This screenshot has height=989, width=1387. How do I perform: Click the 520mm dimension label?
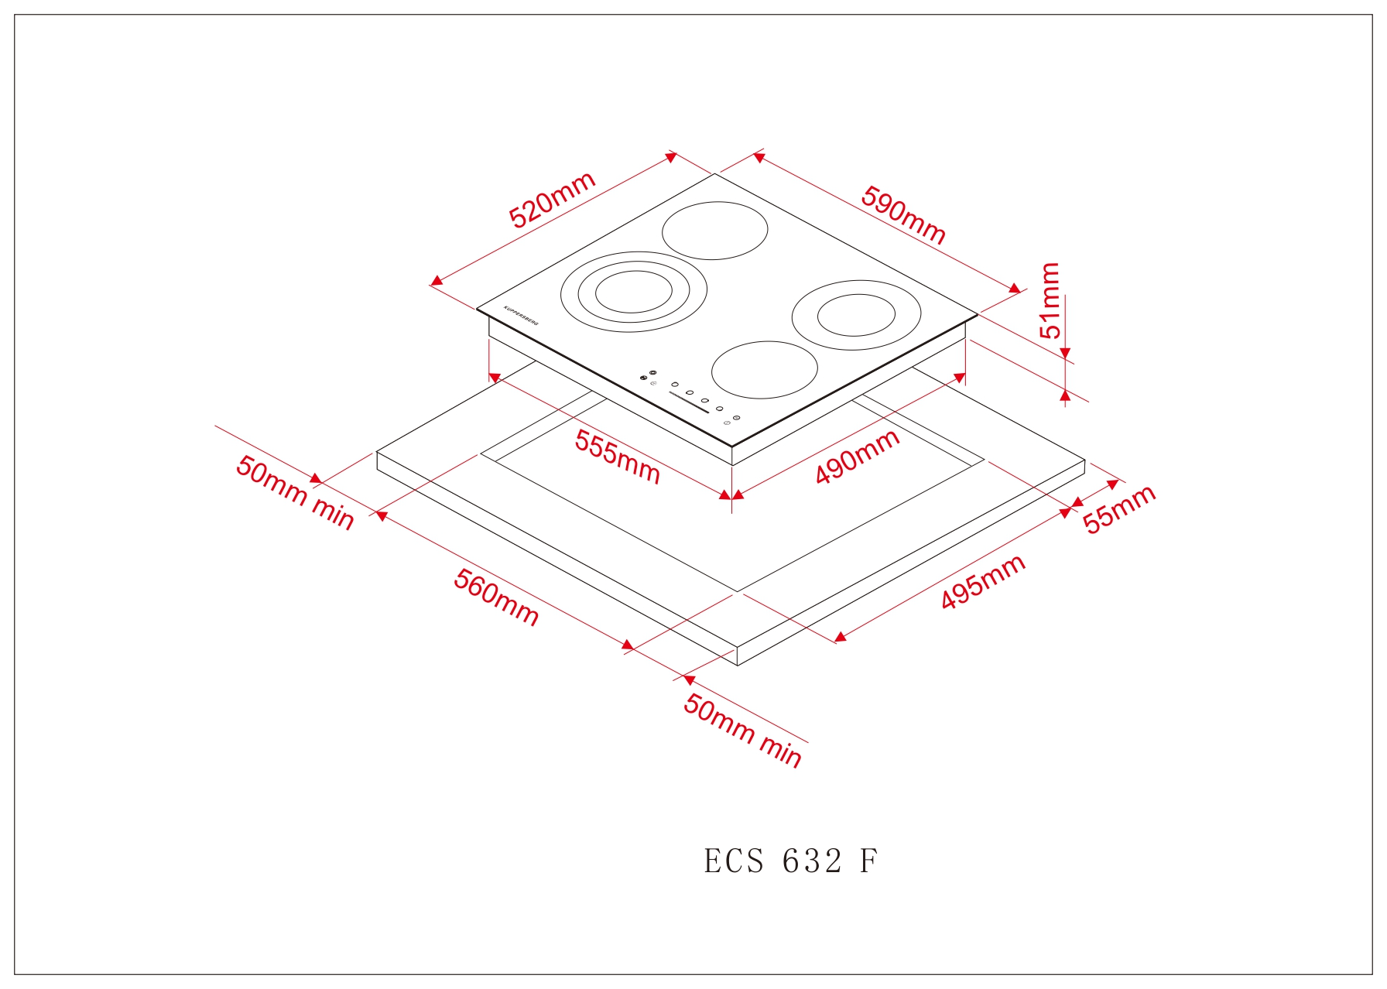point(552,200)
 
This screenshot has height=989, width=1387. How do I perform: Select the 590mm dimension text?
point(903,215)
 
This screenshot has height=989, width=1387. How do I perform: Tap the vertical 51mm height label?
point(1050,300)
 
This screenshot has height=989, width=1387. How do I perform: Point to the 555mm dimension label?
point(617,457)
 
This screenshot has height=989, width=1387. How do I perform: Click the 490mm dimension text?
point(858,456)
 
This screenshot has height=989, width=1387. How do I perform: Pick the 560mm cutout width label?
point(496,597)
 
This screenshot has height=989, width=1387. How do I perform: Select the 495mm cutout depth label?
point(983,581)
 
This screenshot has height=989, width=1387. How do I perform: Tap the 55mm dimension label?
point(1118,508)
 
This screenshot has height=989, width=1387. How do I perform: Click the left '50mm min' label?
point(295,492)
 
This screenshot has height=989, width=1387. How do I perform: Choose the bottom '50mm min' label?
point(742,731)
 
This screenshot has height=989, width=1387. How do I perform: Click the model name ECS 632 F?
point(790,861)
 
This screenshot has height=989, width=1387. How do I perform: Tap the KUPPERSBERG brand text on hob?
point(521,316)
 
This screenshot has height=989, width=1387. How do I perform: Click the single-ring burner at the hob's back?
point(714,231)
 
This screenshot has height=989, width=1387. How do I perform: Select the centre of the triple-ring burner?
point(633,292)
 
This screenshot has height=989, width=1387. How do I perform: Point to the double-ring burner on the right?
point(856,315)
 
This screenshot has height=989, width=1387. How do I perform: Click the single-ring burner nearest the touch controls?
point(764,370)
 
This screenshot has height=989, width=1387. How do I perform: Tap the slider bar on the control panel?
point(689,402)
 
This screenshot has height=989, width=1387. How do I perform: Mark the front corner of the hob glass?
point(732,447)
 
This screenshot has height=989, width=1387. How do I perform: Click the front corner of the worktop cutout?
point(738,592)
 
